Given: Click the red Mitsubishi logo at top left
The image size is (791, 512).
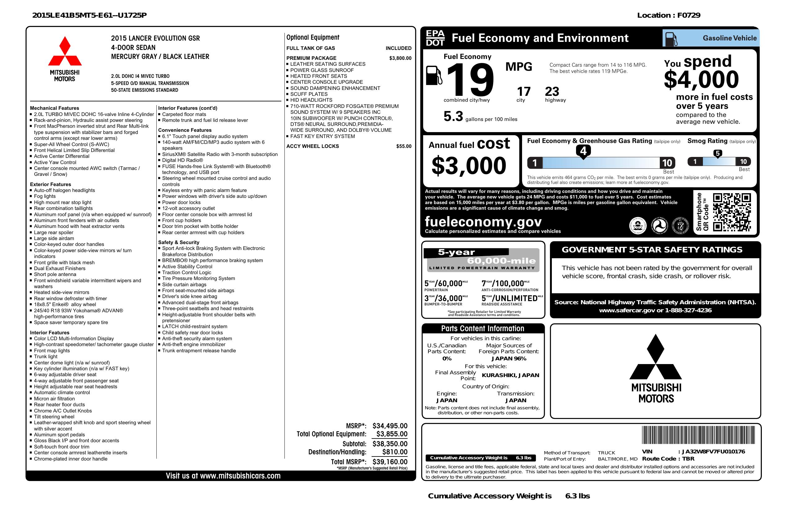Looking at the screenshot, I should coord(65,51).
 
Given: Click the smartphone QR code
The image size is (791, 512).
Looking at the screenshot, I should coord(731,212).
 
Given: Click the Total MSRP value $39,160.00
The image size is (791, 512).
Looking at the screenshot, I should coord(390,461).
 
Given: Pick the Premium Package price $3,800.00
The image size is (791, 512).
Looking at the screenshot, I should coord(400,58).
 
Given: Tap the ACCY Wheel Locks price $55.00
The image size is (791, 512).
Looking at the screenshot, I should coord(404,146).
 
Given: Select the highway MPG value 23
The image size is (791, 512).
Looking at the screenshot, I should coord(552,91).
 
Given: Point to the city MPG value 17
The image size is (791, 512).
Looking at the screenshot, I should coord(524,91).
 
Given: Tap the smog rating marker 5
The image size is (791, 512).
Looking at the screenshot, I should coord(717,154).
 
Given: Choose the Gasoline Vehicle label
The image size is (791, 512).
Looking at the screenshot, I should coord(729,38).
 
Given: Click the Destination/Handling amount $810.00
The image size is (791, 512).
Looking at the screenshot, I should coord(395,452).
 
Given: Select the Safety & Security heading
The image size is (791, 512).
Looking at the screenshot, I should coord(178,242).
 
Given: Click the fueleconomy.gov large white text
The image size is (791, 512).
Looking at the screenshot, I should coord(483,221).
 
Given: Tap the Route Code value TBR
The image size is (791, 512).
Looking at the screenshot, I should coord(688,459).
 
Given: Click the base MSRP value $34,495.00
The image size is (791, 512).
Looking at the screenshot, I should coord(390,425).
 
